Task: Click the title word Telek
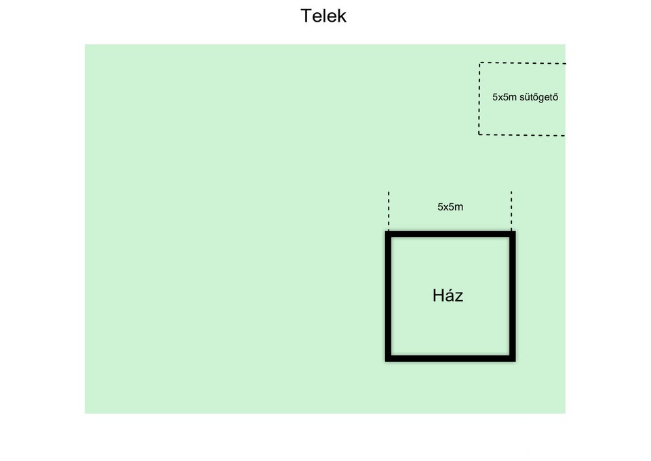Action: pos(323,16)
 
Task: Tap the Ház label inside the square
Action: pos(448,295)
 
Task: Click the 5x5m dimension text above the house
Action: pos(450,206)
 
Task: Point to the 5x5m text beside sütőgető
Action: pos(505,97)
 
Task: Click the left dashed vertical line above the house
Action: pos(389,211)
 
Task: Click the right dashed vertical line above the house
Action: pos(511,211)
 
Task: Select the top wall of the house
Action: pos(450,234)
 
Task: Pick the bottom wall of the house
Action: pos(450,358)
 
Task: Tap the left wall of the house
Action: pos(388,296)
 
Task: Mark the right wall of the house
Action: pos(513,296)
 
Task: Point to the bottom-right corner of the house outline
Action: pos(515,361)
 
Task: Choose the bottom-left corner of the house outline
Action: pos(386,361)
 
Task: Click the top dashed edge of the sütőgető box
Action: pos(522,63)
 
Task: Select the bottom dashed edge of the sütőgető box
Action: pos(522,134)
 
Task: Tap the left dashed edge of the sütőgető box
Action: pos(479,98)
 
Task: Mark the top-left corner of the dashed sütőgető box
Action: pos(479,62)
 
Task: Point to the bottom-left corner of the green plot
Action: pos(85,413)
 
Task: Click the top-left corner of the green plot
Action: pos(85,45)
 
